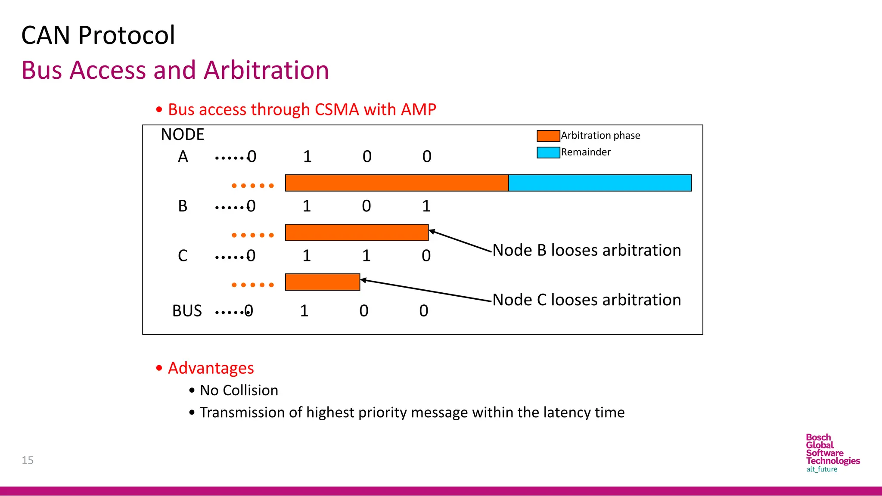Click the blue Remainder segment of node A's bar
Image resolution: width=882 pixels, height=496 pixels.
tap(599, 183)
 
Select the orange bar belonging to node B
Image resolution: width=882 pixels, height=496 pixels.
tap(357, 232)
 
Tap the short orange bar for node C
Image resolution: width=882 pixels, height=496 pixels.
tap(322, 282)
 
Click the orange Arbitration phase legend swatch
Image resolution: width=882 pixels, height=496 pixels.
tap(548, 136)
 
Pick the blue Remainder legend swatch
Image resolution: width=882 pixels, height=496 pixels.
tap(548, 152)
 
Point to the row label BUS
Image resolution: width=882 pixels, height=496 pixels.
tap(187, 311)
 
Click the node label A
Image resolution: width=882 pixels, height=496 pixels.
tap(183, 157)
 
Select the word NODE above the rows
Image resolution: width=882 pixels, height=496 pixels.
tap(182, 135)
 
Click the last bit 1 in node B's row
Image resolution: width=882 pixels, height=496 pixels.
tap(426, 206)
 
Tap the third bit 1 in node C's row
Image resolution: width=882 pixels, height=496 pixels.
tap(366, 256)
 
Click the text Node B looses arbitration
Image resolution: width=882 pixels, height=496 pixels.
tap(586, 250)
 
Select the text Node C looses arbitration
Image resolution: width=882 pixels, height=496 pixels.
tap(586, 300)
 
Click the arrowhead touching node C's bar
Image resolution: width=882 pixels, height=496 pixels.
tap(363, 280)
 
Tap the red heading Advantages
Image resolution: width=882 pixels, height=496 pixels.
tap(211, 368)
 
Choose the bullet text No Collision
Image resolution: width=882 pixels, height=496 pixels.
tap(239, 391)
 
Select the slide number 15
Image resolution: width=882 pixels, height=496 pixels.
tap(28, 460)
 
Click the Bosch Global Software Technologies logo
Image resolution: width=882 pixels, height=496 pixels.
tap(832, 453)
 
